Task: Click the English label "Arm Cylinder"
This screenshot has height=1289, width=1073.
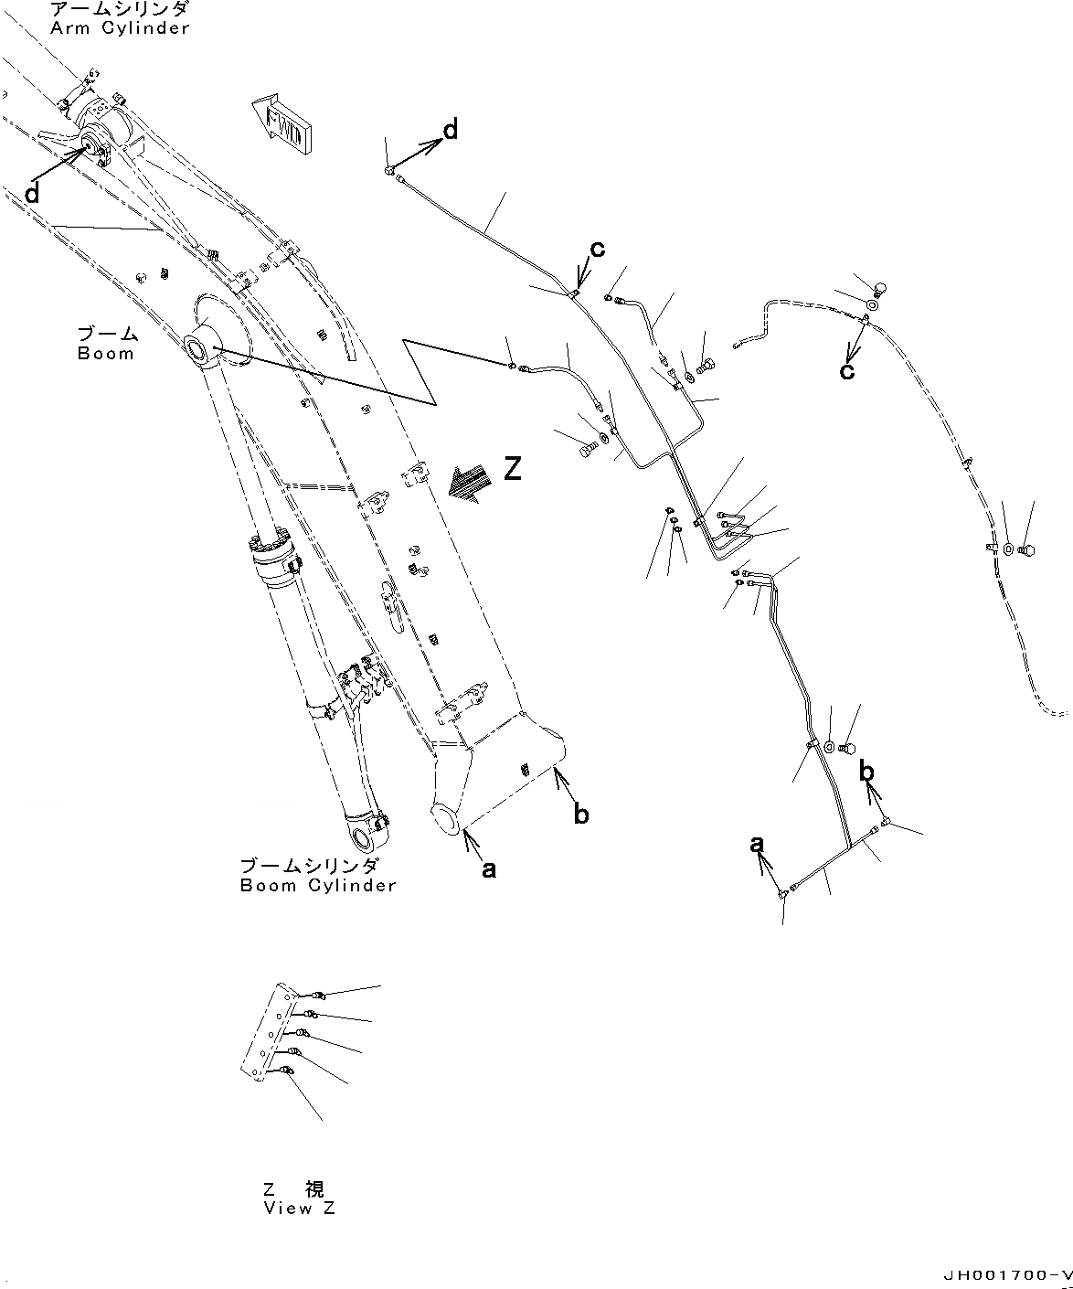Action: [x=120, y=28]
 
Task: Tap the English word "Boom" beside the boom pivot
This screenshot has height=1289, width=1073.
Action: [x=105, y=354]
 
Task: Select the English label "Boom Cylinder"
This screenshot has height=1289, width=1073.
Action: [x=318, y=885]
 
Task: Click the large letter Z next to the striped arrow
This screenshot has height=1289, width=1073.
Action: [x=513, y=470]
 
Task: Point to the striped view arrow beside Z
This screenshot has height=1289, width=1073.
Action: [x=465, y=482]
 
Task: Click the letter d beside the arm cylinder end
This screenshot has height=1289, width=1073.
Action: [x=32, y=193]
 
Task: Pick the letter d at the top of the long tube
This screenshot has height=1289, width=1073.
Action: [x=450, y=131]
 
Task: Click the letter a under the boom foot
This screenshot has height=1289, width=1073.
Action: [x=489, y=869]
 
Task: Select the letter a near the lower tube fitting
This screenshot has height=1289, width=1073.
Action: [x=757, y=845]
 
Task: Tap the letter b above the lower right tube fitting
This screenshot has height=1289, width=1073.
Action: [x=866, y=772]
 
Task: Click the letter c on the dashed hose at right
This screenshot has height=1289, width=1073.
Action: [x=847, y=370]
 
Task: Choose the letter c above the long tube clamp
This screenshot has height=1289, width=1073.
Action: [x=597, y=249]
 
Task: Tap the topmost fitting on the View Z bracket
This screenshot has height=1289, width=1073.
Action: [x=316, y=996]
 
